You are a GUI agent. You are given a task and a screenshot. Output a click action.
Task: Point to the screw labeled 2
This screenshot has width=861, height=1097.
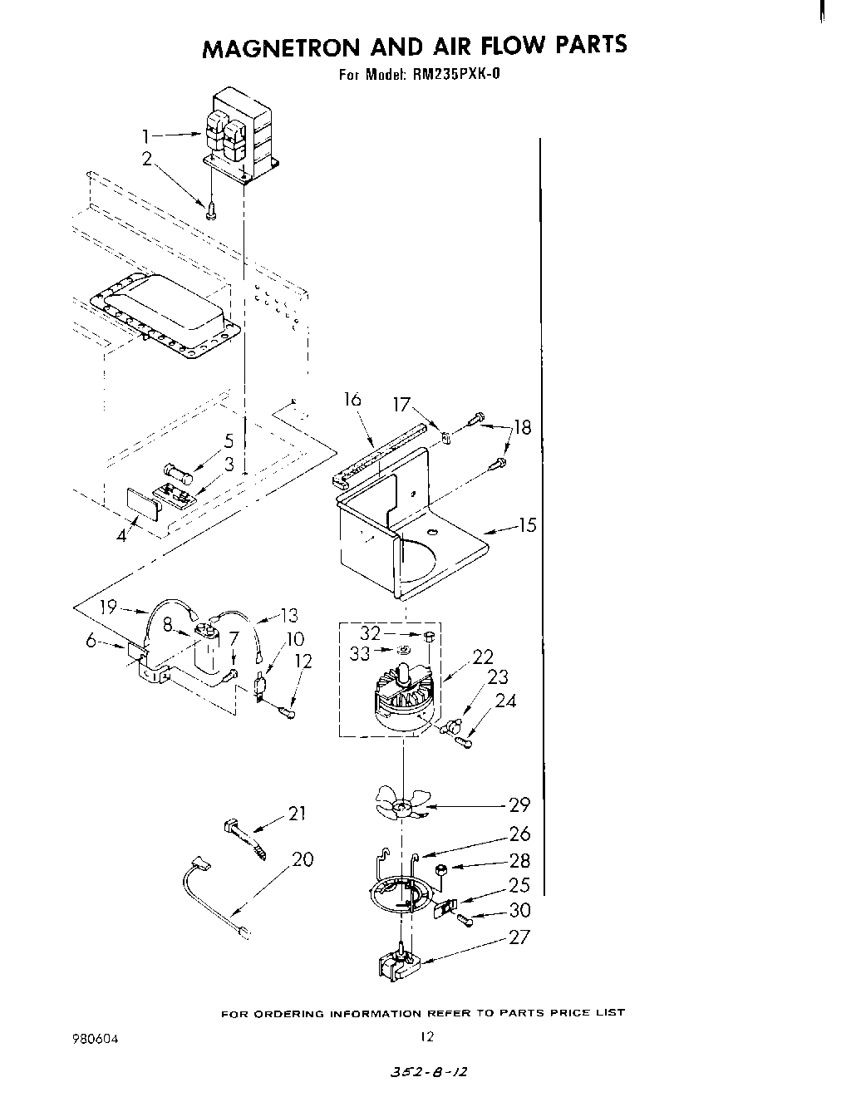tap(211, 211)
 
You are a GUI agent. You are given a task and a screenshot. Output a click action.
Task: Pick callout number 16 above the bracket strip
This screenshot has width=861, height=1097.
tap(352, 400)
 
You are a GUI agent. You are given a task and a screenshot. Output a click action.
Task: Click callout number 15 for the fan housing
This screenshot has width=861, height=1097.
tap(527, 525)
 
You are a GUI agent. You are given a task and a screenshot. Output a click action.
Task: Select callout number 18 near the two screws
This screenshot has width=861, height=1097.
tap(522, 428)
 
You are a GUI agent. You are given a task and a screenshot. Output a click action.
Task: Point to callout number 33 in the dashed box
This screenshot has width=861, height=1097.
tap(359, 654)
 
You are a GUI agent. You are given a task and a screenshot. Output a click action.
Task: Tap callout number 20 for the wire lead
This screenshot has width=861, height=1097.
tap(303, 859)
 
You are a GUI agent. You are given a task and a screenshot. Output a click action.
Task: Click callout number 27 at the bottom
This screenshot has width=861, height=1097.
tap(519, 937)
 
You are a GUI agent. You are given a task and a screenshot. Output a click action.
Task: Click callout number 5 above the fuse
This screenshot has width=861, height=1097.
tap(229, 441)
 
